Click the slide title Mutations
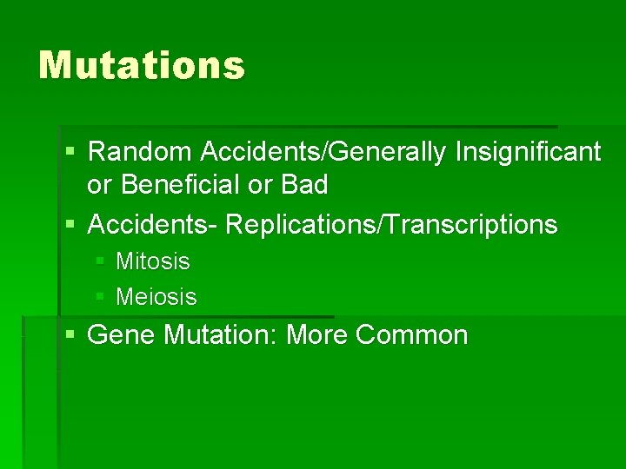(142, 65)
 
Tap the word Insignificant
(528, 152)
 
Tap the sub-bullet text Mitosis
(152, 261)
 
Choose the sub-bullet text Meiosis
(156, 297)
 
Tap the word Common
(411, 335)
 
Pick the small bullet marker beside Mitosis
(100, 261)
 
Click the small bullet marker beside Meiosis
(100, 297)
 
